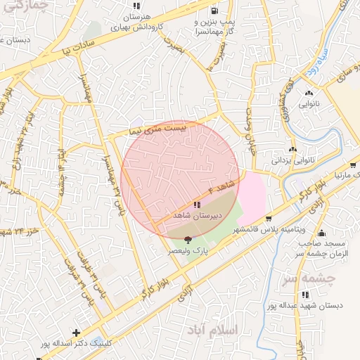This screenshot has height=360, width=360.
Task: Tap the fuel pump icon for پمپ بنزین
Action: tap(213, 11)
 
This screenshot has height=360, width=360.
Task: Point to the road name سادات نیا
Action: tap(67, 50)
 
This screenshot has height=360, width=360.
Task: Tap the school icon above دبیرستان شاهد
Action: tap(196, 204)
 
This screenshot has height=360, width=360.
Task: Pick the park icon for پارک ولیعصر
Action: tap(186, 240)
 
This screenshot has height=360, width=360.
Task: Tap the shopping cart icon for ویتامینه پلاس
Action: tap(269, 218)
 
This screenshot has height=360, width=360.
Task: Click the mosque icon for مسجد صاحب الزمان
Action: tap(322, 233)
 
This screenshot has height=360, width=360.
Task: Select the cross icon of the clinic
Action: tap(76, 332)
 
